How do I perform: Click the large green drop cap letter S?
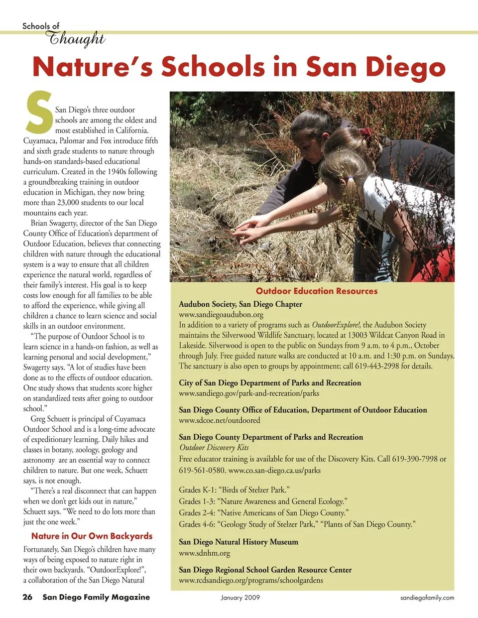click(x=39, y=112)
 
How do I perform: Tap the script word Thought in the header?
click(x=75, y=38)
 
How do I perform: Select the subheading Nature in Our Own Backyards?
click(x=92, y=536)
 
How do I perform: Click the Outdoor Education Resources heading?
click(x=317, y=291)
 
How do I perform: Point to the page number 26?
click(x=27, y=597)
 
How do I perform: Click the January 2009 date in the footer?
click(x=240, y=598)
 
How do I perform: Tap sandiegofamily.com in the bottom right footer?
click(x=427, y=598)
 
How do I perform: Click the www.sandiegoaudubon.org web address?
click(x=221, y=315)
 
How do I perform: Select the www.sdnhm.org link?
click(x=204, y=553)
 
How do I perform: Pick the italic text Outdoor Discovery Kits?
click(x=214, y=447)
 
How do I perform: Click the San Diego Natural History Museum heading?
click(x=239, y=542)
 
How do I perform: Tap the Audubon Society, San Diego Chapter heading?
click(x=240, y=304)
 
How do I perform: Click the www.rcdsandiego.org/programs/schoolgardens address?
click(x=251, y=580)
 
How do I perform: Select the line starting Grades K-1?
click(x=234, y=490)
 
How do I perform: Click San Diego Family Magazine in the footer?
click(x=96, y=597)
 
